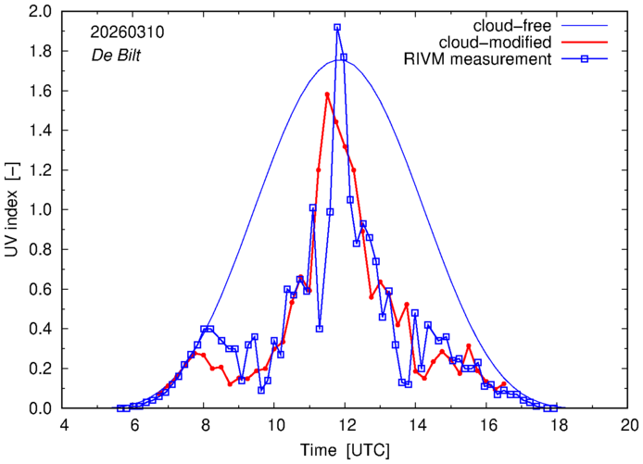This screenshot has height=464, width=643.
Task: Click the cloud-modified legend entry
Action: [506, 43]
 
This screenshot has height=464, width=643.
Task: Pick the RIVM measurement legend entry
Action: [478, 60]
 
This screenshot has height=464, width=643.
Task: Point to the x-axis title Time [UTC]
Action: [346, 450]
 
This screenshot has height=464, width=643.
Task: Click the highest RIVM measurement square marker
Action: [337, 28]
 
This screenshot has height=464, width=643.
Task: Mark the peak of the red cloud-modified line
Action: [328, 94]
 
